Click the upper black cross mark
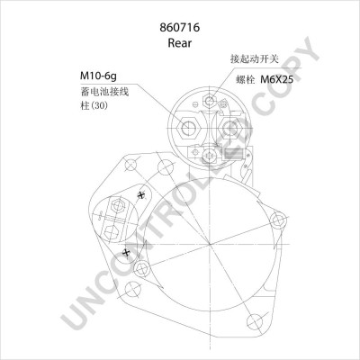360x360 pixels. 141,195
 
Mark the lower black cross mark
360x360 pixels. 126,253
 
